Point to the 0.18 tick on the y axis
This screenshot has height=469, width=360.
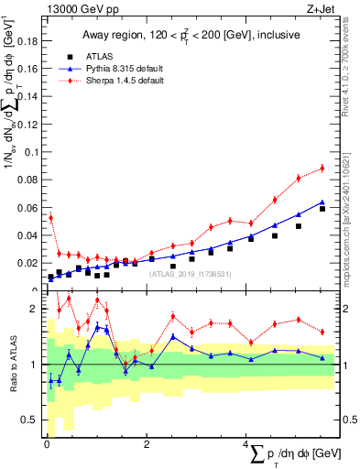(29, 40)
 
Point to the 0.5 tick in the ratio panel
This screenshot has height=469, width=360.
(33, 420)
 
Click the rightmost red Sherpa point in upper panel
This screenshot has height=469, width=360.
(322, 168)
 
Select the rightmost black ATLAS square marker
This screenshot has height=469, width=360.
(322, 209)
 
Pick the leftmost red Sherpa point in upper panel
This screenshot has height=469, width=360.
(50, 217)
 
